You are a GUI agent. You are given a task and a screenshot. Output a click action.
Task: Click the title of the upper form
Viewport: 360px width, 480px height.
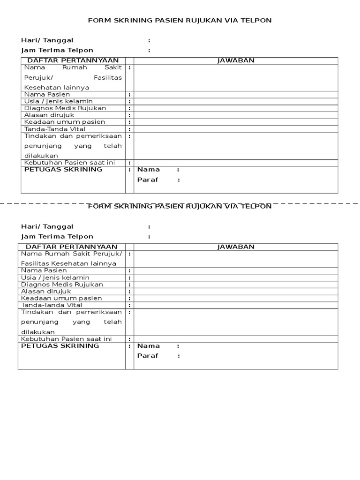[x=180, y=21]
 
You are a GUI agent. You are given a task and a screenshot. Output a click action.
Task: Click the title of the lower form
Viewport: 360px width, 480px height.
[x=180, y=206]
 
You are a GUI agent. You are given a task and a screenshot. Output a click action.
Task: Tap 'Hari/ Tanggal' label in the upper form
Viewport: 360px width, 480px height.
[x=47, y=41]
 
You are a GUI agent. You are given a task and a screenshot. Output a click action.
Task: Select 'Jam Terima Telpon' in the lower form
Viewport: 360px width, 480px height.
[x=57, y=237]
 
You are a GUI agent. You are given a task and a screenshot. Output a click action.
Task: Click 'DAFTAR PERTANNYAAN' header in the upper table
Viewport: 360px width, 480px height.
[x=73, y=60]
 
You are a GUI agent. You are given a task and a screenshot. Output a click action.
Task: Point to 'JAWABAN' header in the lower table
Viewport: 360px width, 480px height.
[x=236, y=247]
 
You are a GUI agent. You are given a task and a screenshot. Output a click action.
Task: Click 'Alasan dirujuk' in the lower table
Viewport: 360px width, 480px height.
[x=46, y=291]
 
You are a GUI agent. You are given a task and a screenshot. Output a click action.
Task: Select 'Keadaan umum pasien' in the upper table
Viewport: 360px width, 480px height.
[x=64, y=122]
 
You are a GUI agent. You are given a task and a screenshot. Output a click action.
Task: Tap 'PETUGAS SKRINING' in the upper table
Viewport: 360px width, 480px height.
[x=63, y=169]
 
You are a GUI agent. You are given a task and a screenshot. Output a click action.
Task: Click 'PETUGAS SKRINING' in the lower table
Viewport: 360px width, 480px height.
[x=60, y=345]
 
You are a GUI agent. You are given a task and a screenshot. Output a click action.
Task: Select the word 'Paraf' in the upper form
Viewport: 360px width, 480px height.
[x=148, y=180]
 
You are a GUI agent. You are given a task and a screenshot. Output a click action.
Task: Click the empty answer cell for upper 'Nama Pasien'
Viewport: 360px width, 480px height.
[x=236, y=95]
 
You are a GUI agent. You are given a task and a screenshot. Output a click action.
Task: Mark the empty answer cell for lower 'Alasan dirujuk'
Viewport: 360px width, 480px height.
[x=236, y=291]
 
